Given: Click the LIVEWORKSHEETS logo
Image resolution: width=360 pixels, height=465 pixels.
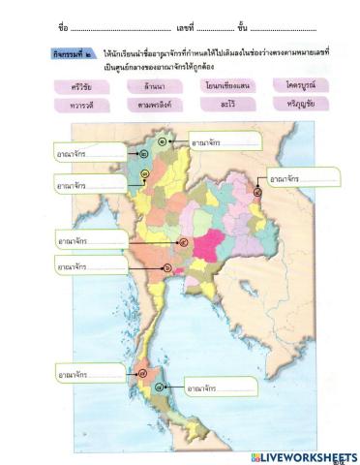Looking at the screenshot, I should click(302, 456).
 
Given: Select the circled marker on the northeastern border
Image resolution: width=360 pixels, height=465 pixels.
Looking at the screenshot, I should click(256, 192).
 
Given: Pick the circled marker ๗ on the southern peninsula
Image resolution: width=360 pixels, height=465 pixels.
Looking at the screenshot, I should click(143, 370).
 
